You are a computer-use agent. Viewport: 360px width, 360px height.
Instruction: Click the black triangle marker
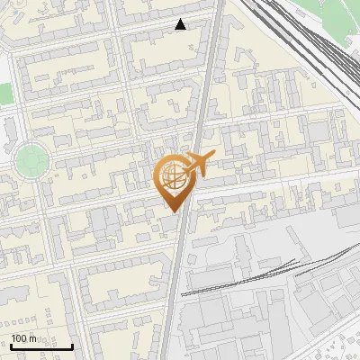coord(181,24)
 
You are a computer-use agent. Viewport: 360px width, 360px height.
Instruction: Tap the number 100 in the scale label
coord(19,338)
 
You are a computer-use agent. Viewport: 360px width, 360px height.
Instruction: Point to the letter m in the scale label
coord(33,338)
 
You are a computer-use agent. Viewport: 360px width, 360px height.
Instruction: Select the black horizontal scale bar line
coord(41,346)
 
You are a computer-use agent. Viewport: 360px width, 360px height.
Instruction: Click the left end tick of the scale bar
coord(11,344)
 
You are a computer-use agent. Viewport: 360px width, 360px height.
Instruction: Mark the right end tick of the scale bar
coord(72,344)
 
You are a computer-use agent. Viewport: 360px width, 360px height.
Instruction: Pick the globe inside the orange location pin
coord(171,177)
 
